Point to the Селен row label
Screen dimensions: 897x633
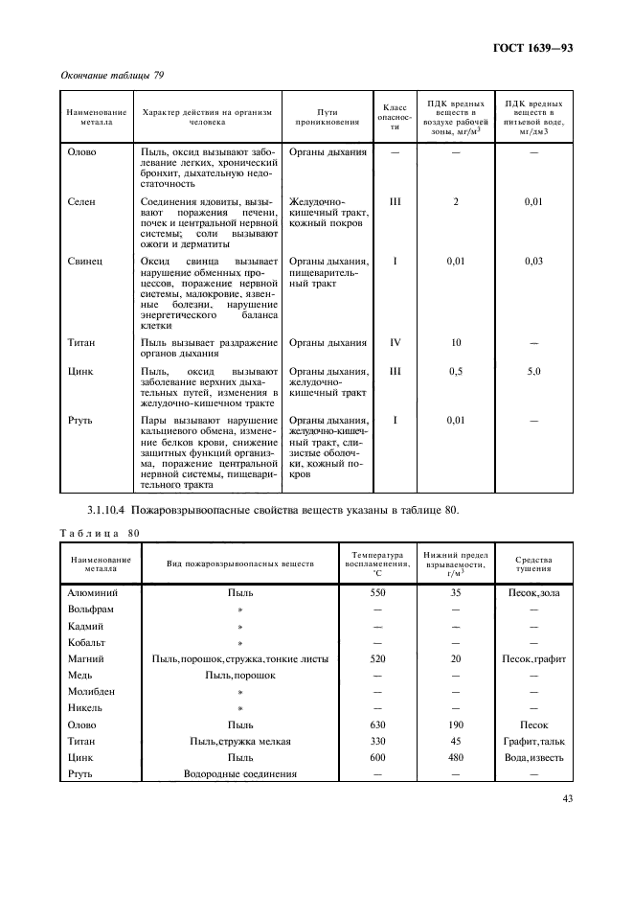[80, 202]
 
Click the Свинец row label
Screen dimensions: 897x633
[84, 261]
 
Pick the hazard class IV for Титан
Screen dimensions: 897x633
[396, 342]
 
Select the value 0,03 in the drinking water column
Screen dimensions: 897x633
[533, 261]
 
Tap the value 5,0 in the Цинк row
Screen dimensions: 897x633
[533, 370]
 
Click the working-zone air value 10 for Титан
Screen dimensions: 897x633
[456, 342]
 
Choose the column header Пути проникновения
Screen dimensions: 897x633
[328, 117]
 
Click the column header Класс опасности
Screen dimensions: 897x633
[396, 117]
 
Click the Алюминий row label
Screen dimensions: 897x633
[93, 594]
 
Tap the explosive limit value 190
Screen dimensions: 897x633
[456, 725]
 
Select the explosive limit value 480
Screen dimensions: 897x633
[456, 757]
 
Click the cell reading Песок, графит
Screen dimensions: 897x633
[533, 659]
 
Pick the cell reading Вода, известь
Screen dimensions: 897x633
[533, 757]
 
